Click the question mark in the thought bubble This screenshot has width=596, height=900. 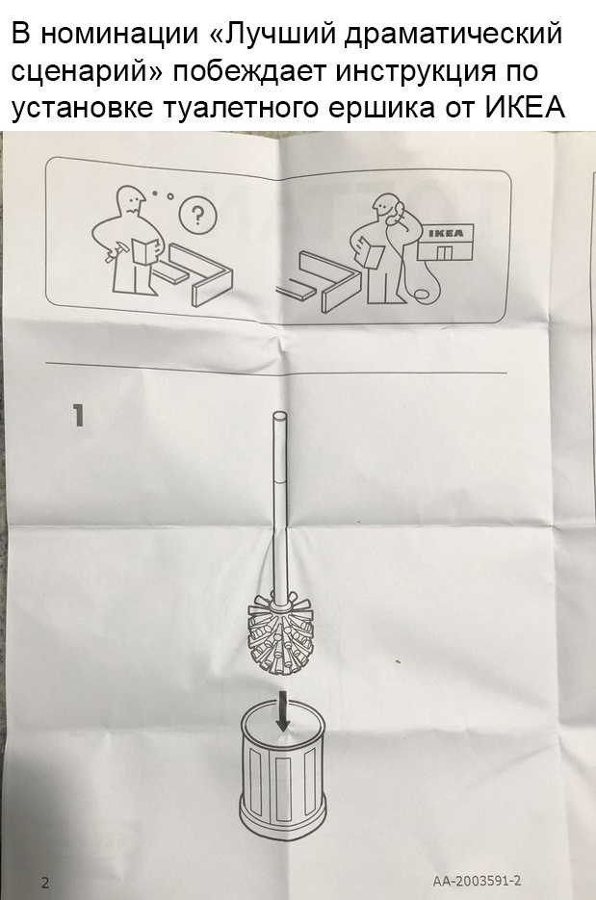[x=197, y=216]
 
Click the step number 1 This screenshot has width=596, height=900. [x=78, y=416]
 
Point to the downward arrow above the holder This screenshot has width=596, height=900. [x=282, y=710]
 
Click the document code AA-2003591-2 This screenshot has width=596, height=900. [x=478, y=881]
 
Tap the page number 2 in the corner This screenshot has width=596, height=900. [x=45, y=883]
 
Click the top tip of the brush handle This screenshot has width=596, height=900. [x=279, y=413]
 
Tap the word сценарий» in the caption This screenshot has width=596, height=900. [x=89, y=73]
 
